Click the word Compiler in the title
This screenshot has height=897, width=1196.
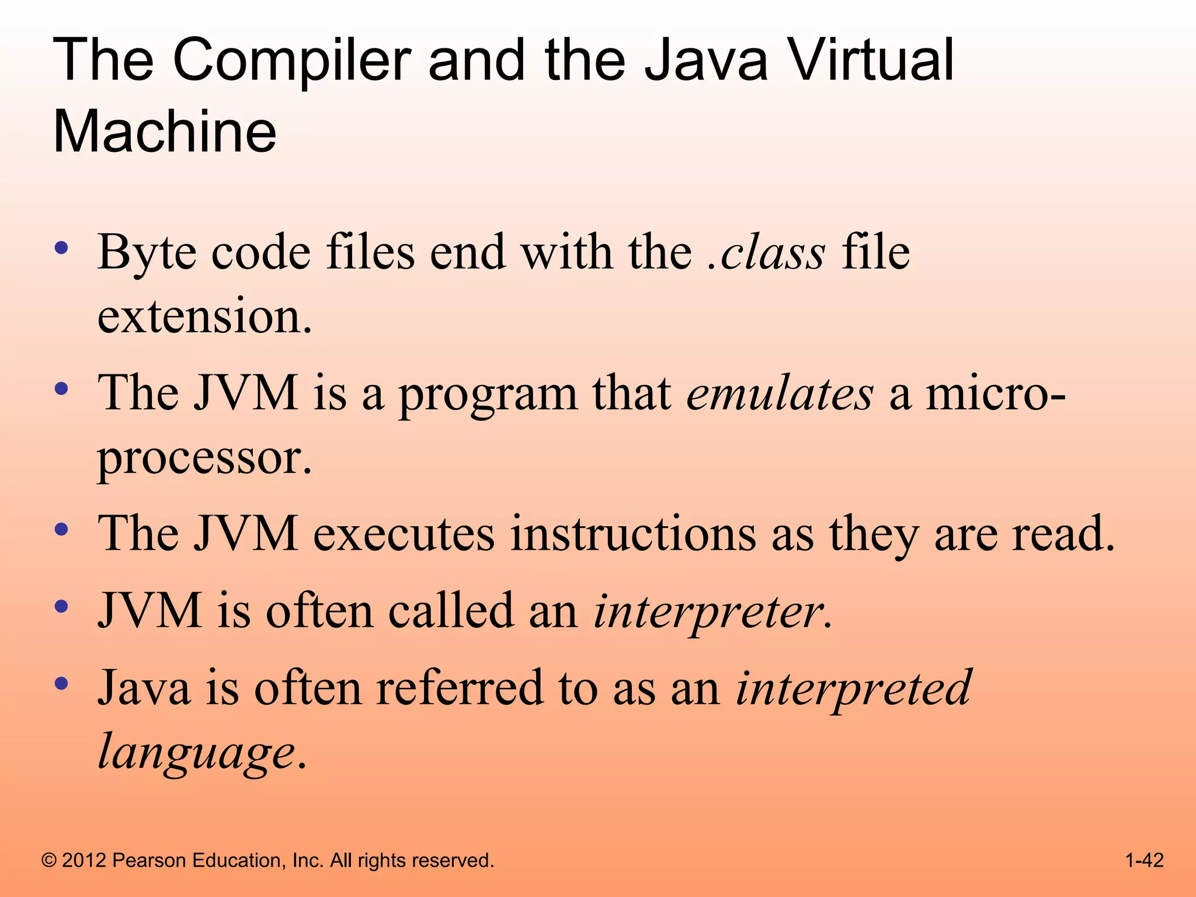click(x=291, y=61)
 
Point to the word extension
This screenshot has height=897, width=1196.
click(x=204, y=317)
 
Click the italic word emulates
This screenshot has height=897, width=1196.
click(x=780, y=394)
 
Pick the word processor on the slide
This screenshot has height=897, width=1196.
click(x=204, y=458)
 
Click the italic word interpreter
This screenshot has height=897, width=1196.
click(x=712, y=611)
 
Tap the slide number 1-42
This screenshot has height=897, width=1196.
click(x=1144, y=860)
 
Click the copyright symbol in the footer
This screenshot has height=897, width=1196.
click(x=49, y=861)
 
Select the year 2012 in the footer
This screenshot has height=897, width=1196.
click(x=84, y=861)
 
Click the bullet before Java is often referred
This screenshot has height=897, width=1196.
click(x=61, y=683)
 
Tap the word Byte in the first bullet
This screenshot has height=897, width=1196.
click(x=147, y=253)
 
